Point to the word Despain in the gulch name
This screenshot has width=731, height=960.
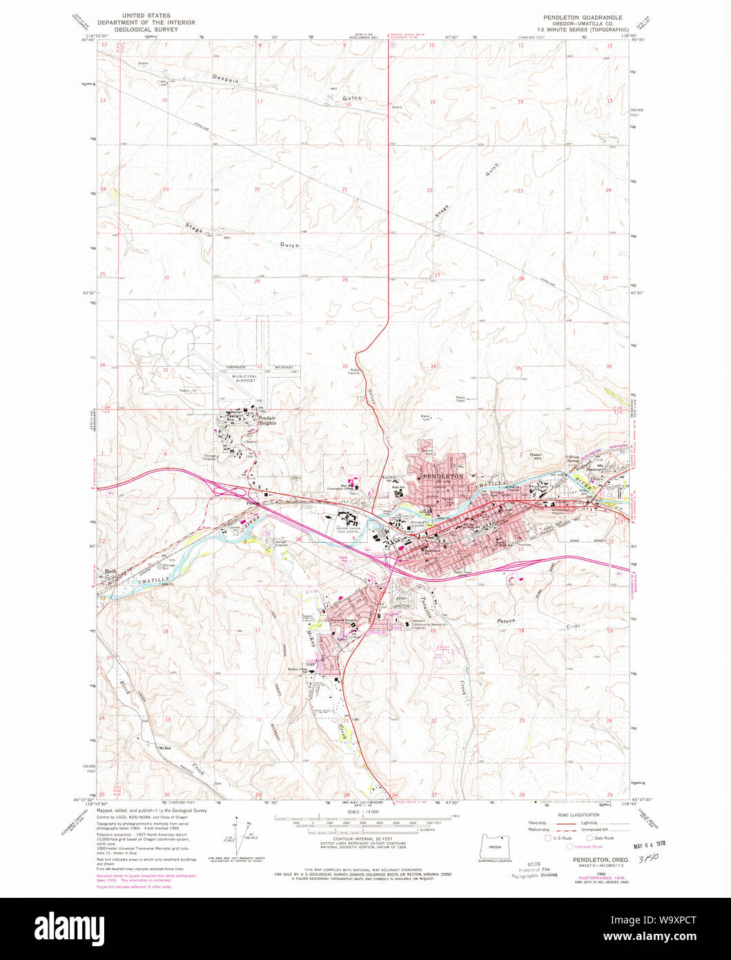226,80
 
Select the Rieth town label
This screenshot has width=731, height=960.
110,571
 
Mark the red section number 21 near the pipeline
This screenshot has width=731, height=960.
344,189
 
